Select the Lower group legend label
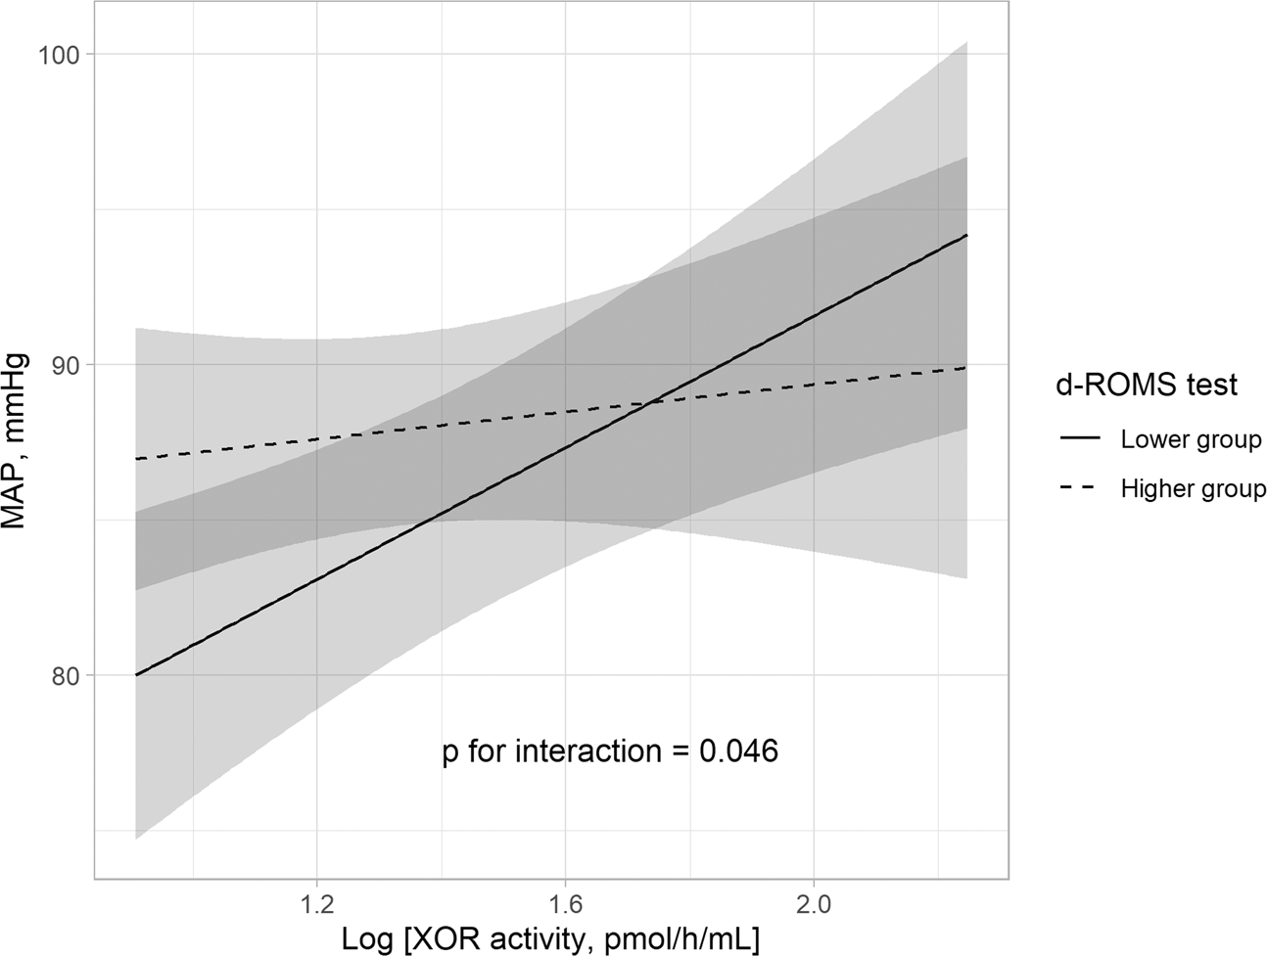(1191, 440)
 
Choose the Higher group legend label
(1193, 489)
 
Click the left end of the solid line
(136, 675)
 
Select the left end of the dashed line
(136, 459)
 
